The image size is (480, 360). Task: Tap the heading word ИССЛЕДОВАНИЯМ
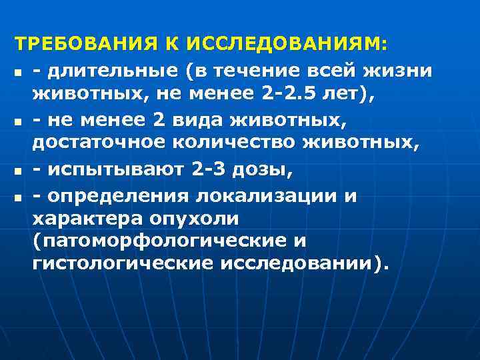(287, 45)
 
